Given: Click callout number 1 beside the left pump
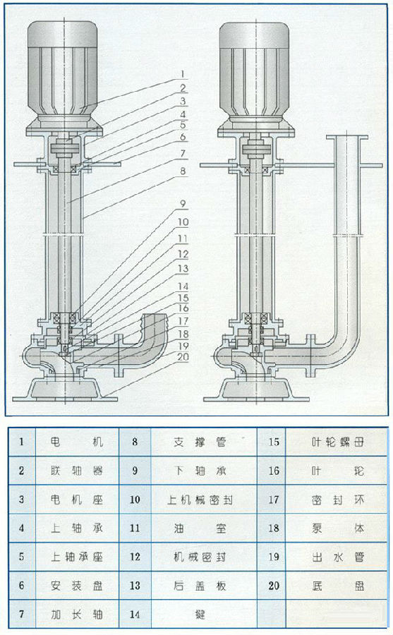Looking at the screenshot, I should tap(182, 73).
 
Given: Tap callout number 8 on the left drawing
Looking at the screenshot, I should tap(182, 171).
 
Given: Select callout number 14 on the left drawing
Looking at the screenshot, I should tap(182, 286).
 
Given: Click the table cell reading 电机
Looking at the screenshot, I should tap(77, 442).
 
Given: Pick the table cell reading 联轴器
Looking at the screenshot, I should tap(77, 471).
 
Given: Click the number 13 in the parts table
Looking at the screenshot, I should tap(135, 586).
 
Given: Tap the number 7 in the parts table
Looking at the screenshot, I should tap(22, 615).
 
